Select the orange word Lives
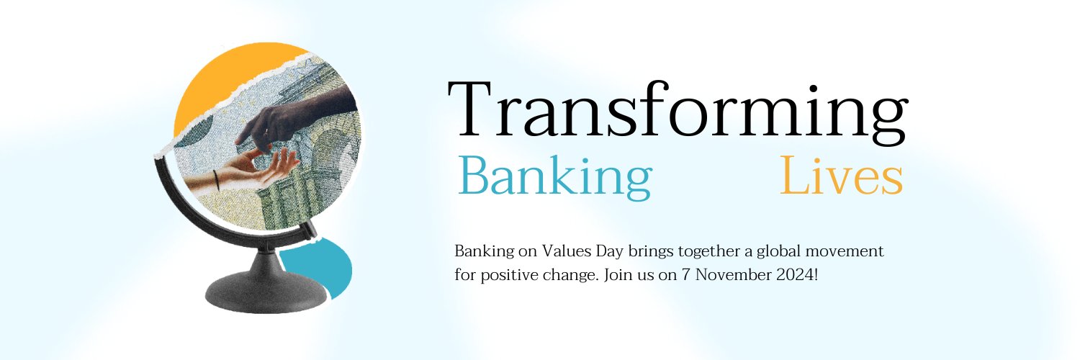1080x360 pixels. coord(841,176)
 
